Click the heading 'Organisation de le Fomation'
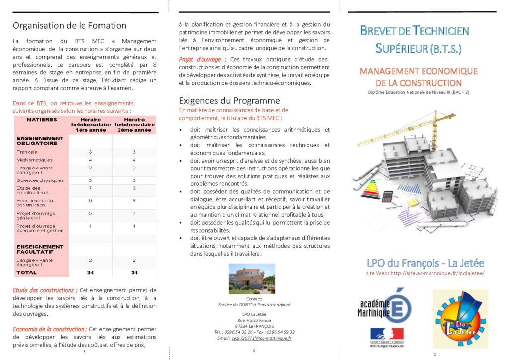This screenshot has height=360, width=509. [x=70, y=26]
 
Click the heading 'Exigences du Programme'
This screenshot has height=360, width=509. [x=230, y=101]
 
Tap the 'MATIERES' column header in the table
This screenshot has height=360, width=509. [x=42, y=120]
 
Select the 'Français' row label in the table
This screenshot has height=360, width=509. [x=27, y=152]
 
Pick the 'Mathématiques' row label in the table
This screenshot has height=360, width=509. [x=34, y=160]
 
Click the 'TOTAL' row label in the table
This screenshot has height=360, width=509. [x=26, y=273]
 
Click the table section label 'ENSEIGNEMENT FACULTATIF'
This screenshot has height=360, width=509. [x=40, y=249]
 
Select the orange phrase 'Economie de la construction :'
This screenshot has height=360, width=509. [x=50, y=329]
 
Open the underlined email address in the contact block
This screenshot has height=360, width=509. [x=261, y=338]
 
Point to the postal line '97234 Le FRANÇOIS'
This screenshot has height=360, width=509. [x=254, y=326]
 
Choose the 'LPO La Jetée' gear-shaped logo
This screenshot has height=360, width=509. [x=460, y=318]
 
